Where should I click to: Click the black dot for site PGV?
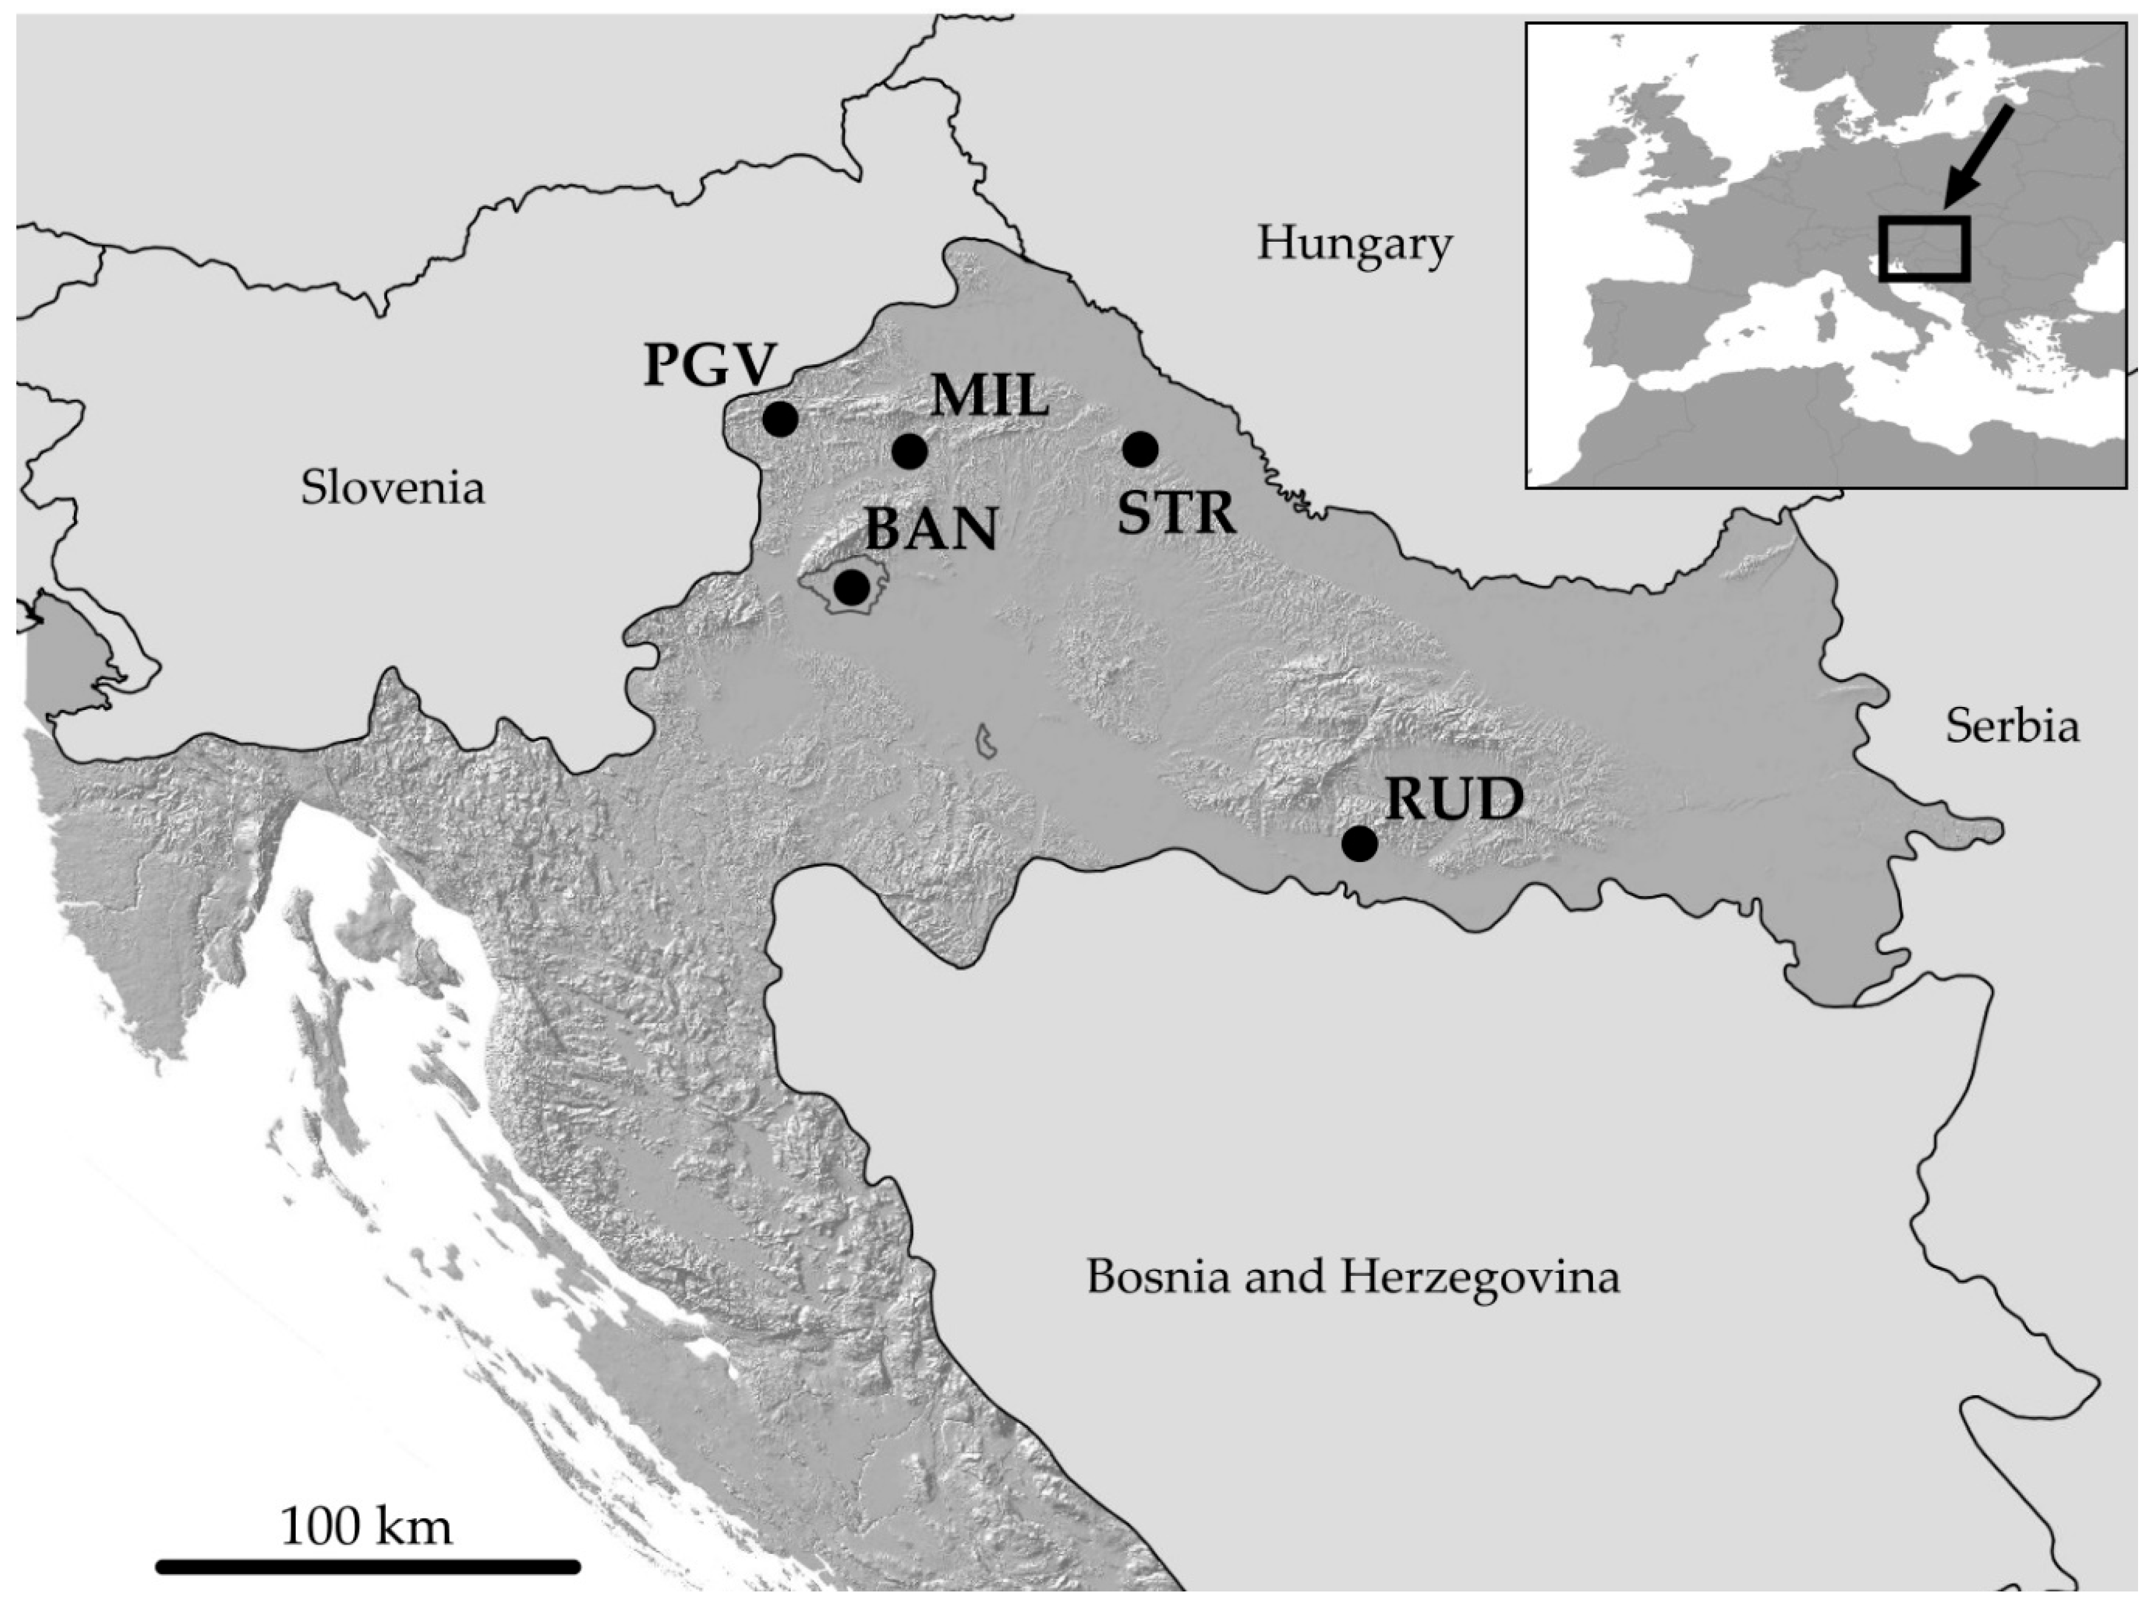780,419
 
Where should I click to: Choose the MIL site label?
989,397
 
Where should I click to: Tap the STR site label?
1176,513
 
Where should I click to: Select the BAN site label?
931,530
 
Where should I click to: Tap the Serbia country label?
2012,726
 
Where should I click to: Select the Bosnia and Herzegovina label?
1353,1275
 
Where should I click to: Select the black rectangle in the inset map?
1924,249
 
